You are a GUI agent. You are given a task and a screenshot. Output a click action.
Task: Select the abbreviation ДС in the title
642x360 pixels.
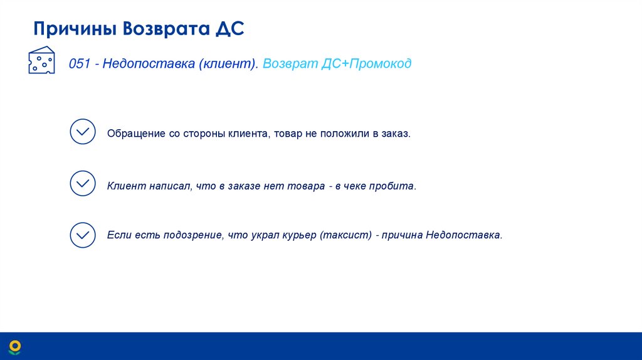click(230, 29)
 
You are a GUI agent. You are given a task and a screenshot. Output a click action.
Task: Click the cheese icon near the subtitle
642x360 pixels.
click(41, 61)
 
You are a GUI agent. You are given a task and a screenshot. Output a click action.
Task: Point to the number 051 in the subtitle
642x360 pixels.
click(80, 64)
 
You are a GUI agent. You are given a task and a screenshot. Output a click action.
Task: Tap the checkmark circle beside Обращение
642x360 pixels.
click(83, 132)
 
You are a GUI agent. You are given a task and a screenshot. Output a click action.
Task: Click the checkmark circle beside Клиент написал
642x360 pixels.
click(83, 183)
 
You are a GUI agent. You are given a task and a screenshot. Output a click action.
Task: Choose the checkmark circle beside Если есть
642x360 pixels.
click(83, 235)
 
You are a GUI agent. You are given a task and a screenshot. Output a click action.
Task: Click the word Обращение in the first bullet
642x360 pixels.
click(135, 134)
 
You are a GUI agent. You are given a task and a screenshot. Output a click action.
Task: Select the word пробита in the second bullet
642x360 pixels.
click(396, 186)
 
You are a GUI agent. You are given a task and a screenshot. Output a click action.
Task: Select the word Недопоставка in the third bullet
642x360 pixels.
click(463, 236)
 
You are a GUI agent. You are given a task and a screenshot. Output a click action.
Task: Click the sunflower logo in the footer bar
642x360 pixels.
click(14, 346)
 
